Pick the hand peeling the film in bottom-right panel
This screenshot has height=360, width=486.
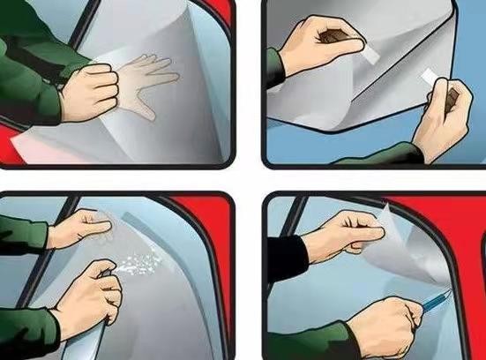point(340,236)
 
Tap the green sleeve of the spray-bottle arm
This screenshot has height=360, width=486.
point(26,335)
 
